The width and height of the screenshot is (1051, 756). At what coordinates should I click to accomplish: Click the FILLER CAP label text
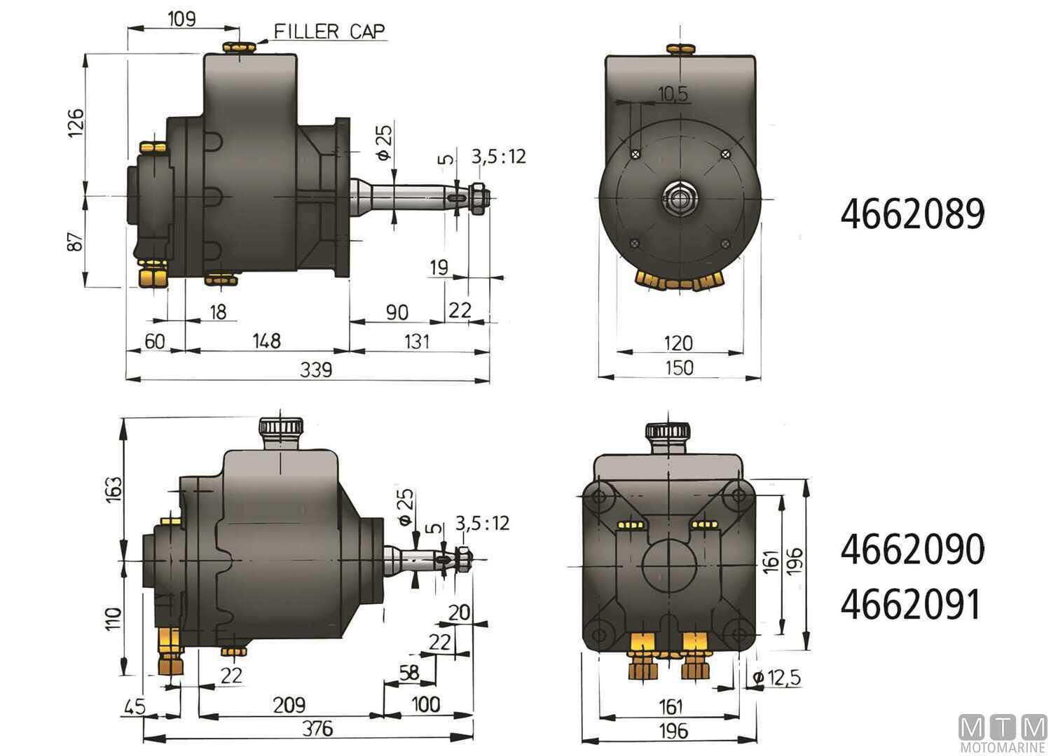click(x=329, y=31)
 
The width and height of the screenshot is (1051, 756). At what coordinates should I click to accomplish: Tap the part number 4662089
click(x=912, y=214)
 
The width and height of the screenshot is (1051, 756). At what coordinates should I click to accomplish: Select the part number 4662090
click(x=912, y=549)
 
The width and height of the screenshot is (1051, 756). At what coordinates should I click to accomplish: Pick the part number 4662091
click(x=910, y=605)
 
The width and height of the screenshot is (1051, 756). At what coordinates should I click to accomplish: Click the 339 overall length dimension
click(x=316, y=370)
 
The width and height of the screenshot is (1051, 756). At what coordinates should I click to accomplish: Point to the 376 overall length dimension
click(x=317, y=729)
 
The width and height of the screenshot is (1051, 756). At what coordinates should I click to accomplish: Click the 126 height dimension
click(x=76, y=122)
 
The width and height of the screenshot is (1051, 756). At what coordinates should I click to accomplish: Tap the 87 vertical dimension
click(x=75, y=241)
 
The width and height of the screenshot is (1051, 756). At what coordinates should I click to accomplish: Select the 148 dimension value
click(x=266, y=341)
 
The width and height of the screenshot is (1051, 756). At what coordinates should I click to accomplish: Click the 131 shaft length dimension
click(x=417, y=342)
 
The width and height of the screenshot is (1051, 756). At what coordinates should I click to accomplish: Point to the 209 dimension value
click(x=289, y=705)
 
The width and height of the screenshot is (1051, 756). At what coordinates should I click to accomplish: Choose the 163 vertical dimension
click(x=114, y=489)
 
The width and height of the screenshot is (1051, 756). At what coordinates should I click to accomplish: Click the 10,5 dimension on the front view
click(x=673, y=94)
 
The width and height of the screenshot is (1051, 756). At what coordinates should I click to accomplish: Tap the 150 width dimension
click(x=679, y=368)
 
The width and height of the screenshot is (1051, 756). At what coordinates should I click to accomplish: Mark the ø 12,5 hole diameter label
click(x=776, y=678)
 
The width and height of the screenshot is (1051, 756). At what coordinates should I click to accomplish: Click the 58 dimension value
click(x=408, y=673)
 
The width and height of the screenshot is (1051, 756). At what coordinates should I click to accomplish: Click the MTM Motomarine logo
click(x=1002, y=734)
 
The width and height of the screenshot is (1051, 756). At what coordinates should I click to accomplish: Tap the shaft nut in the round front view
click(x=678, y=199)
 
